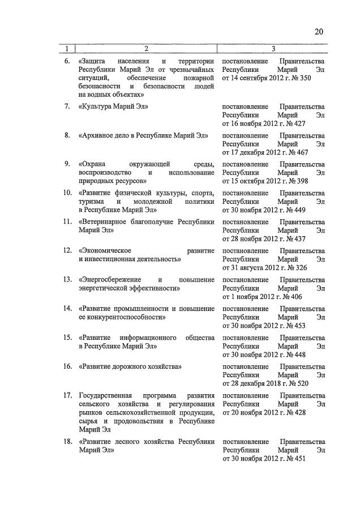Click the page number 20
(x=319, y=32)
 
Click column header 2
(x=145, y=48)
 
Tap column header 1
(x=67, y=48)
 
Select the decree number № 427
(x=297, y=123)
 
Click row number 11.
(x=67, y=221)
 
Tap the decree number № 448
(x=297, y=355)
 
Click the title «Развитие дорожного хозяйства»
(x=130, y=366)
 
